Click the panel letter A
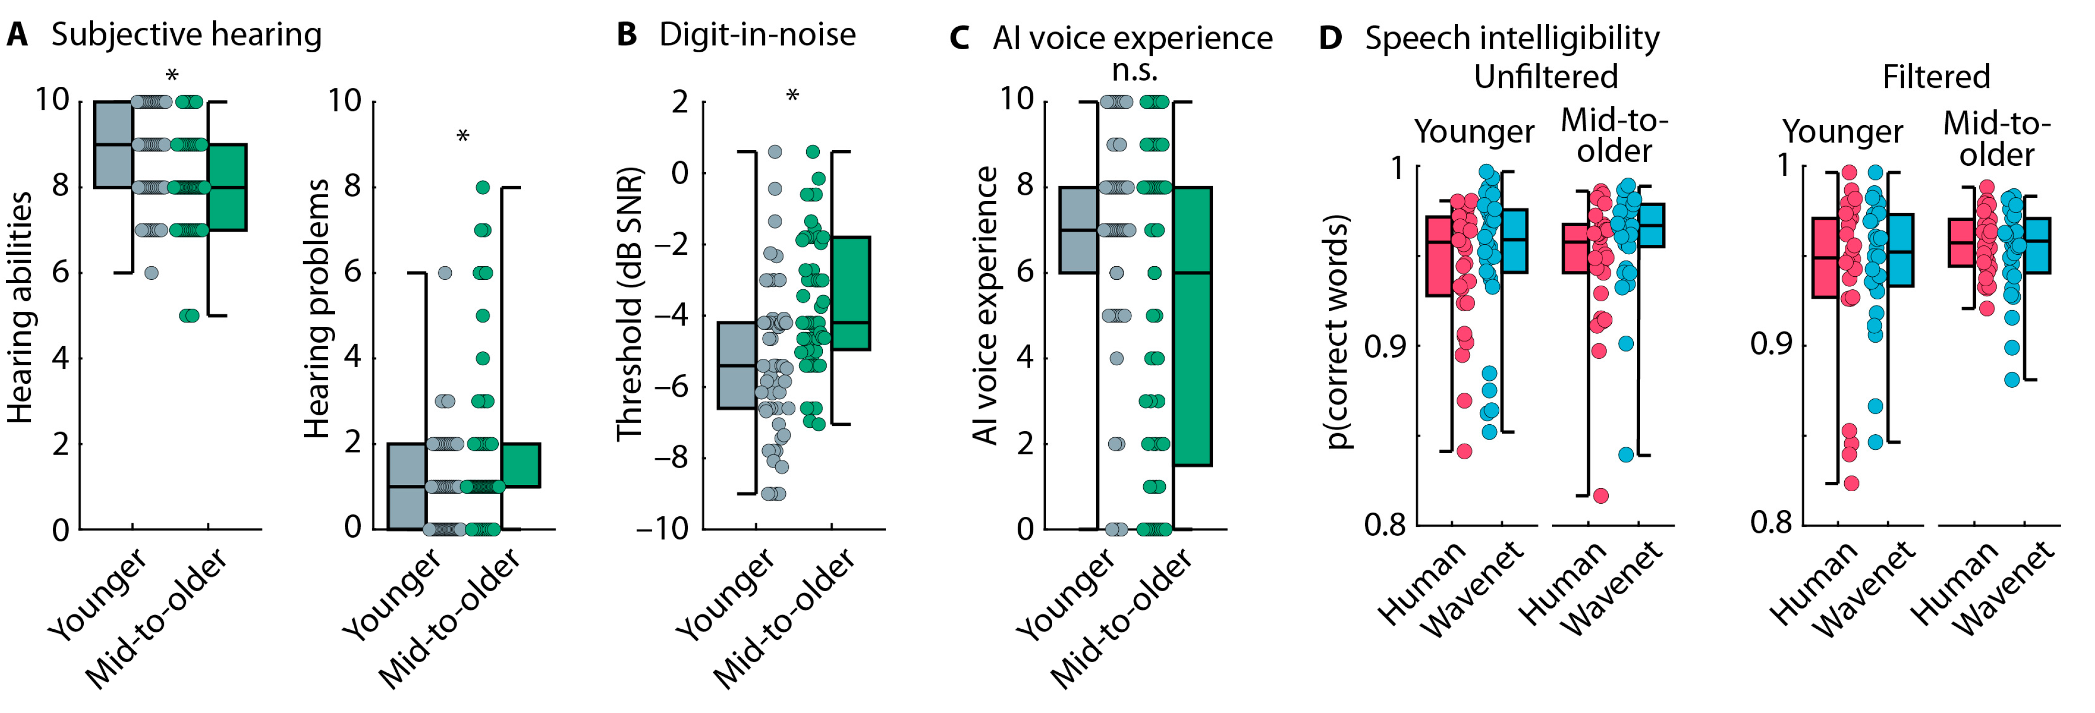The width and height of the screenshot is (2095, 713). [17, 35]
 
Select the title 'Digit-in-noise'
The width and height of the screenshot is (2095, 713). [756, 35]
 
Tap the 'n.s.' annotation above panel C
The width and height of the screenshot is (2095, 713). [1134, 71]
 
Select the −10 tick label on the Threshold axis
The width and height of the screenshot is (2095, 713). [662, 529]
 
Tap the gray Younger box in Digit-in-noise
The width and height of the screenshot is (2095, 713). [736, 365]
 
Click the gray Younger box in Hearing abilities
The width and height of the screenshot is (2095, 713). [113, 145]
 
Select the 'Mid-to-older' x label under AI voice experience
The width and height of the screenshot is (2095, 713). [1121, 618]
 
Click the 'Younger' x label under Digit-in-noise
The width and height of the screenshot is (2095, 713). [726, 594]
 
